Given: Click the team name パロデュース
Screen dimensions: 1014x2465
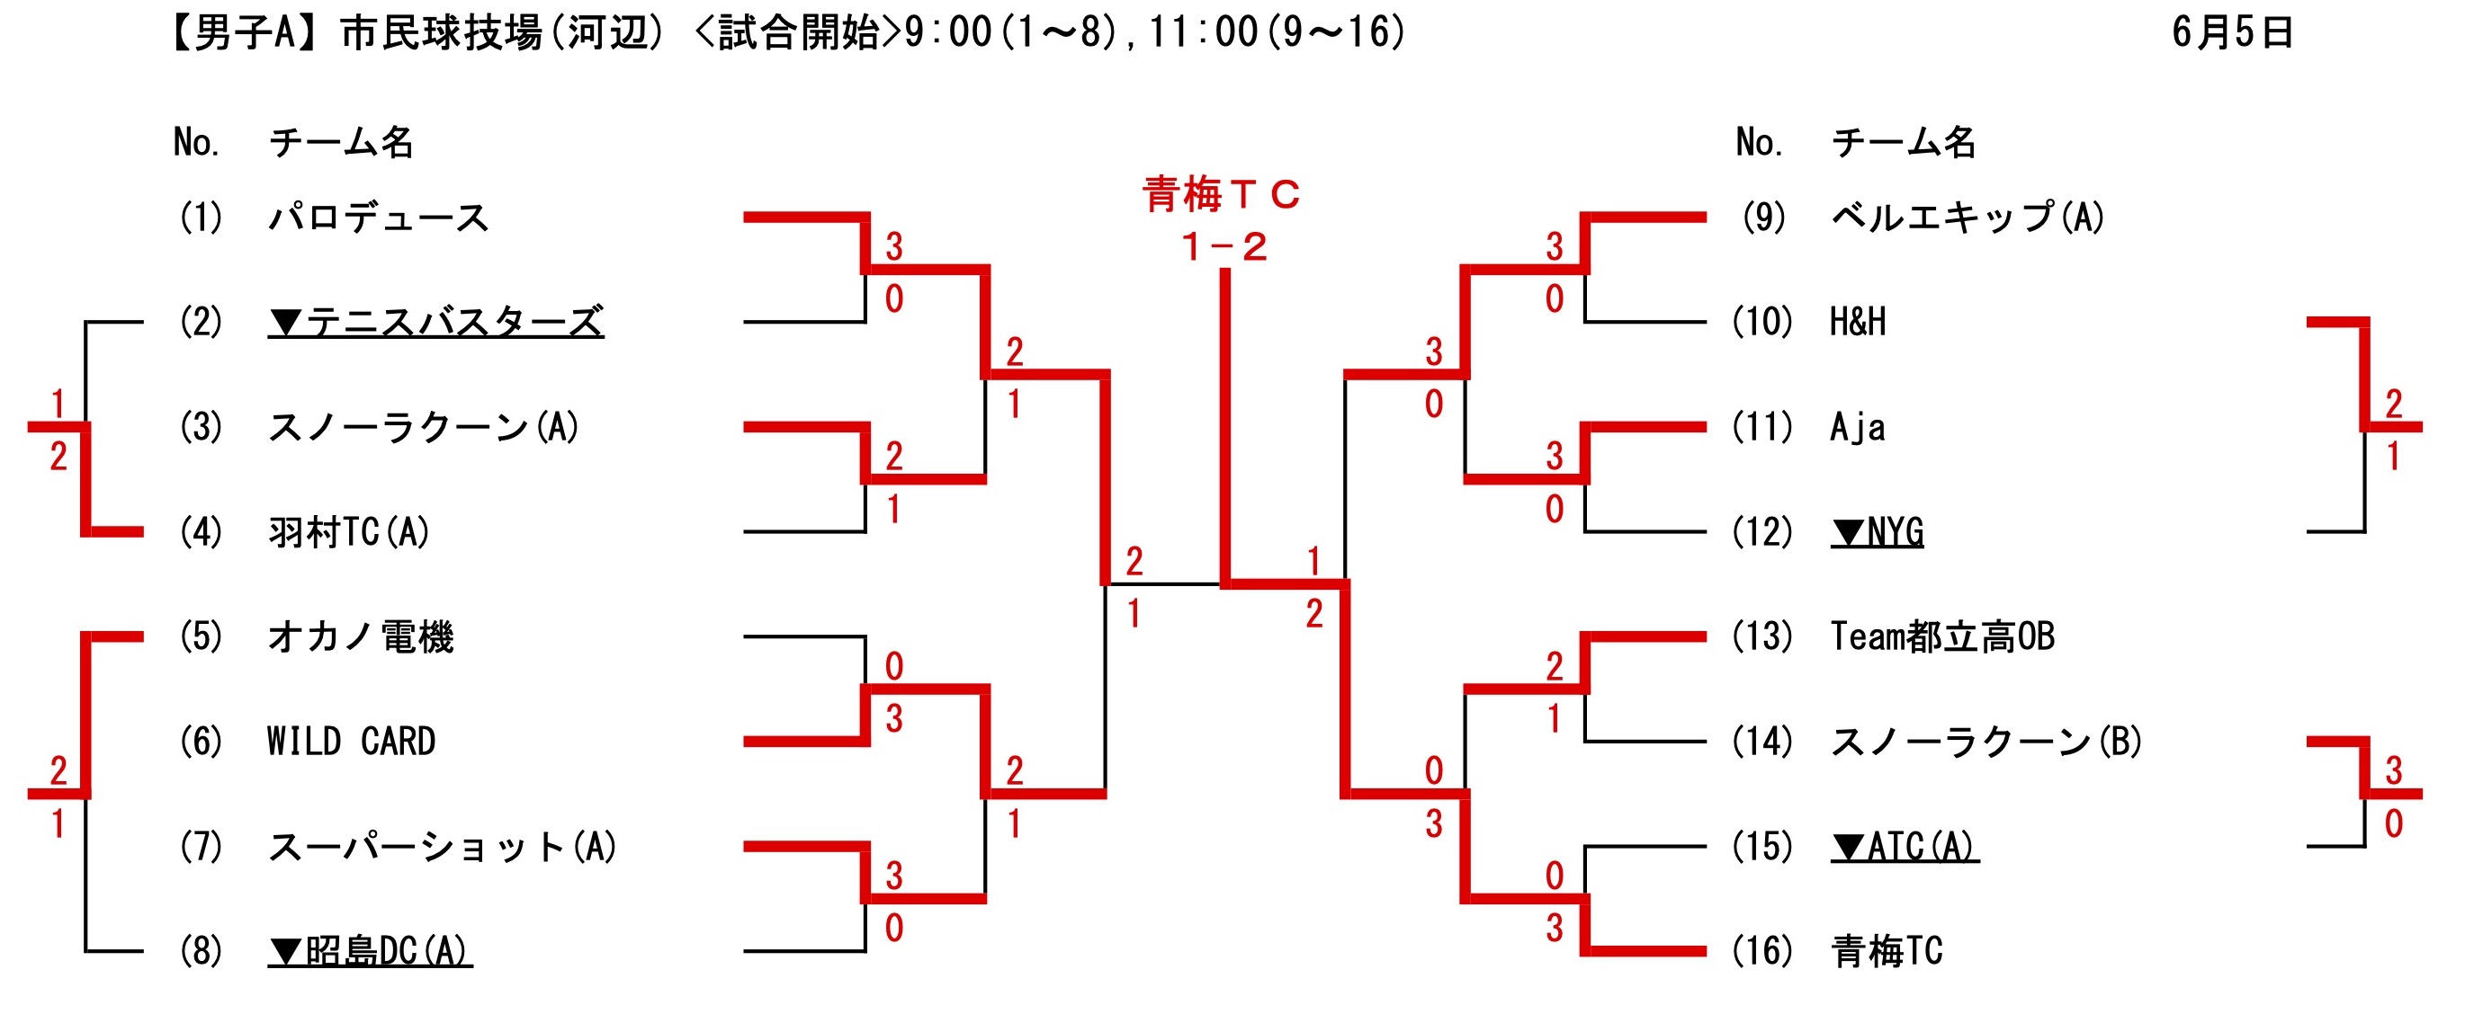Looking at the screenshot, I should point(379,218).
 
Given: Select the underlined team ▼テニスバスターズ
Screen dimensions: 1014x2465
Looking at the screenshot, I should point(435,323).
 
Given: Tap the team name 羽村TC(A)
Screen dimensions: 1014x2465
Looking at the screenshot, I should point(349,532).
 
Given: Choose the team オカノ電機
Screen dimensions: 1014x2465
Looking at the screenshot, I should point(361,637).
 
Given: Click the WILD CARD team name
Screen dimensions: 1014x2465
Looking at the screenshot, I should point(351,743).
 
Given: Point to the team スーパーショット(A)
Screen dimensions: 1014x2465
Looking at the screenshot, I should point(442,848).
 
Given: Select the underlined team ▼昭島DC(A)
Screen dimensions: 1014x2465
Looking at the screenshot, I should point(371,952).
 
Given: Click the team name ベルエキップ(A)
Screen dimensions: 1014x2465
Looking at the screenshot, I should point(1968,218).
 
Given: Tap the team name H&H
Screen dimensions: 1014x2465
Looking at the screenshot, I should point(1858,323).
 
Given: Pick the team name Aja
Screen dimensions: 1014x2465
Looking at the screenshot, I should point(1858,428).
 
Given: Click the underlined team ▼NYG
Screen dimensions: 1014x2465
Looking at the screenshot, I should point(1877,532).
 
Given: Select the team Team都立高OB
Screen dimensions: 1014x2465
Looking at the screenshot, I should point(1942,637).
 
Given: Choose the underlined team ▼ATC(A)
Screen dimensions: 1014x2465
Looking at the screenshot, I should point(1905,848).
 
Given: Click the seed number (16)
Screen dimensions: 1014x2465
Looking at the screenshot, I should point(1761,952).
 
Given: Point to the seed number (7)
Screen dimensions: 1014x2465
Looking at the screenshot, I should point(201,848).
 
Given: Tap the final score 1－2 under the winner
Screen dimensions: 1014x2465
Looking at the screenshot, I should point(1224,248).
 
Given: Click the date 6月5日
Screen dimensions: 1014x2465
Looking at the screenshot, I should point(2233,32).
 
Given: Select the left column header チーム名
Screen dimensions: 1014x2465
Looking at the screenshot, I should point(342,143).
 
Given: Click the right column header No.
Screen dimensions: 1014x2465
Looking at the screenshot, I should point(1759,143).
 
